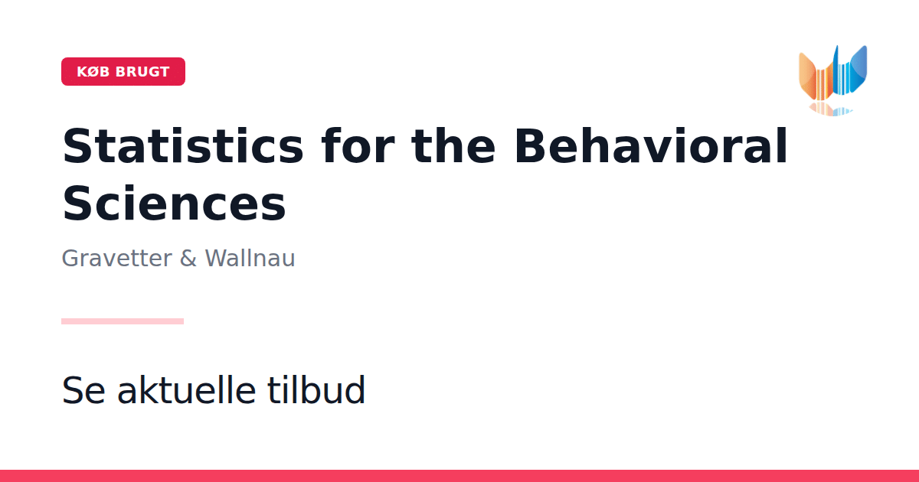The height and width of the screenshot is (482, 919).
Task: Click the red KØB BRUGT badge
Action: [123, 72]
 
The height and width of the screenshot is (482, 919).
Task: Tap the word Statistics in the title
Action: [183, 146]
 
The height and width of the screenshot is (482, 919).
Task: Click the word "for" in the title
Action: [358, 145]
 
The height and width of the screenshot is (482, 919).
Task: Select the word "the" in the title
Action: [453, 145]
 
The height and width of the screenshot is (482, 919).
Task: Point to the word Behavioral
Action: [651, 145]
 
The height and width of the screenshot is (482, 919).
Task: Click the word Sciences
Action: [174, 204]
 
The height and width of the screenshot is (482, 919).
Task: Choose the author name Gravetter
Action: [117, 259]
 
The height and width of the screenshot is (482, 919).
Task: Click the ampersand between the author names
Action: [188, 259]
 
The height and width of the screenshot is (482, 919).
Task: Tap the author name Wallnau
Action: [250, 259]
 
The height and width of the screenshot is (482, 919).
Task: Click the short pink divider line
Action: [123, 321]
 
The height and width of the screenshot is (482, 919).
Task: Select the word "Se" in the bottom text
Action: [83, 390]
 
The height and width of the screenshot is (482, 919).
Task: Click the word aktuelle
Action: [187, 389]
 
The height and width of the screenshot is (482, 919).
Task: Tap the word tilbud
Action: [316, 389]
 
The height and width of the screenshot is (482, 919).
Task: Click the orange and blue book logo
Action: [833, 80]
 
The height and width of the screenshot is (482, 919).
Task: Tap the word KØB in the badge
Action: [93, 72]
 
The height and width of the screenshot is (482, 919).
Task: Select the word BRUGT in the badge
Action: [142, 72]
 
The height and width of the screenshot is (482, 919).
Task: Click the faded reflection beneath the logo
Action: [831, 109]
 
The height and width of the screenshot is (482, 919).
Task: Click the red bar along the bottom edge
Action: [459, 476]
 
